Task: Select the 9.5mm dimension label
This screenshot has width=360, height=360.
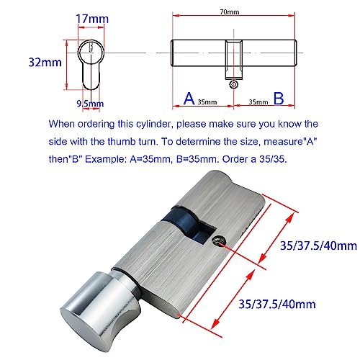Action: click(94, 103)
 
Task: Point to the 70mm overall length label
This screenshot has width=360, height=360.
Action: click(234, 12)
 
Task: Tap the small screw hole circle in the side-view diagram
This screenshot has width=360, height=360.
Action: click(233, 84)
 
